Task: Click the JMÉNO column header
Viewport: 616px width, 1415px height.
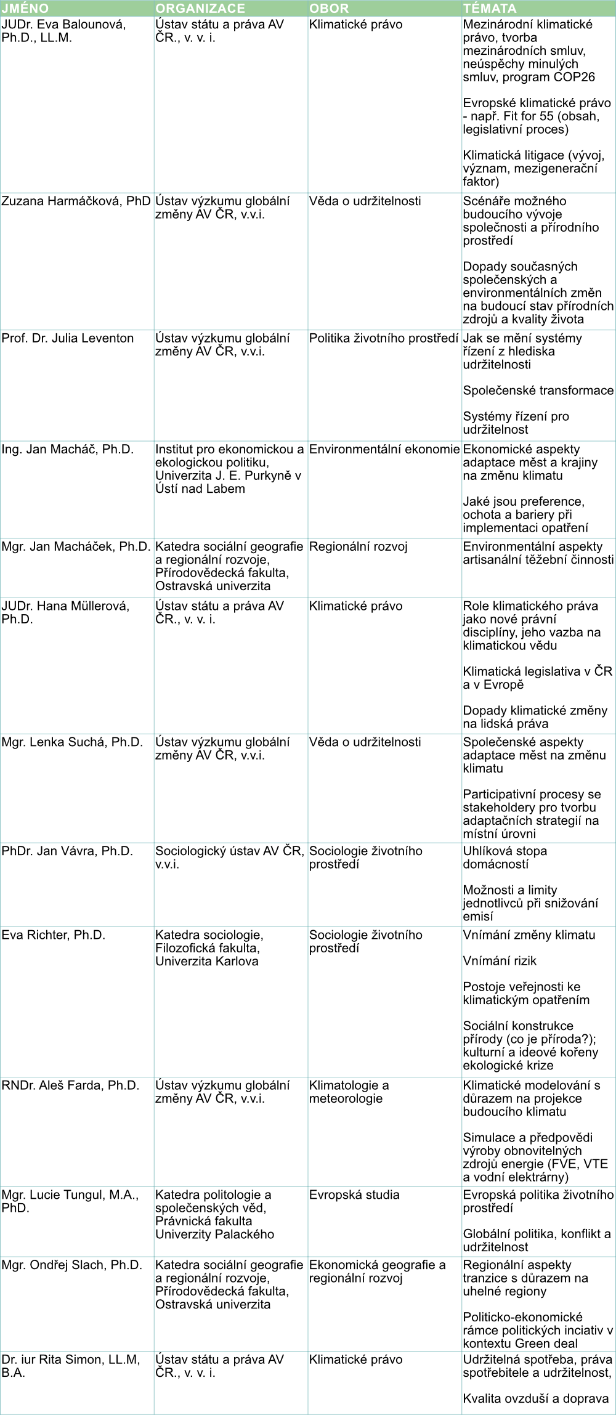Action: [x=25, y=8]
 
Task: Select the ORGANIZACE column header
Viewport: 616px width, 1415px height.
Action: [x=200, y=8]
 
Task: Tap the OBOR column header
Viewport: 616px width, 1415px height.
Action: [x=329, y=8]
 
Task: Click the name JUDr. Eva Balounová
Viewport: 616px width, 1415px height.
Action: [x=63, y=31]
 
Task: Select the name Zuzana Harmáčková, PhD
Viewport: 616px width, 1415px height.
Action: [x=76, y=201]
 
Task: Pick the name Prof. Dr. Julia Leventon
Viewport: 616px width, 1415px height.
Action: [x=68, y=338]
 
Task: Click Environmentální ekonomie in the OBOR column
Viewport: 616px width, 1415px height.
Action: [x=384, y=449]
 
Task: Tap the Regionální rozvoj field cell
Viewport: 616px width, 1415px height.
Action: [x=358, y=546]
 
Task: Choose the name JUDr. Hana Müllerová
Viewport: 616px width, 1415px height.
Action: [x=65, y=612]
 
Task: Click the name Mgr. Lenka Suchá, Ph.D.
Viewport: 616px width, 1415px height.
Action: [x=72, y=742]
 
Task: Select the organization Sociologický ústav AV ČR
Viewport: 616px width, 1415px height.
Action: [x=229, y=857]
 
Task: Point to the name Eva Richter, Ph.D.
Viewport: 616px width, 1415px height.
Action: [x=54, y=935]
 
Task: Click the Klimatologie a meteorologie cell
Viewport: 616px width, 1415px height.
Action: [x=349, y=1092]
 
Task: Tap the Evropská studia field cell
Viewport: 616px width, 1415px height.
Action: [x=354, y=1194]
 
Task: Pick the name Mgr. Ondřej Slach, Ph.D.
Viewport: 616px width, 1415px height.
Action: [x=71, y=1265]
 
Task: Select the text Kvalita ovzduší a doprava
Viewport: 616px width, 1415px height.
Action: [x=535, y=1398]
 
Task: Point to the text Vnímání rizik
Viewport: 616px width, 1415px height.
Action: [x=500, y=960]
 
